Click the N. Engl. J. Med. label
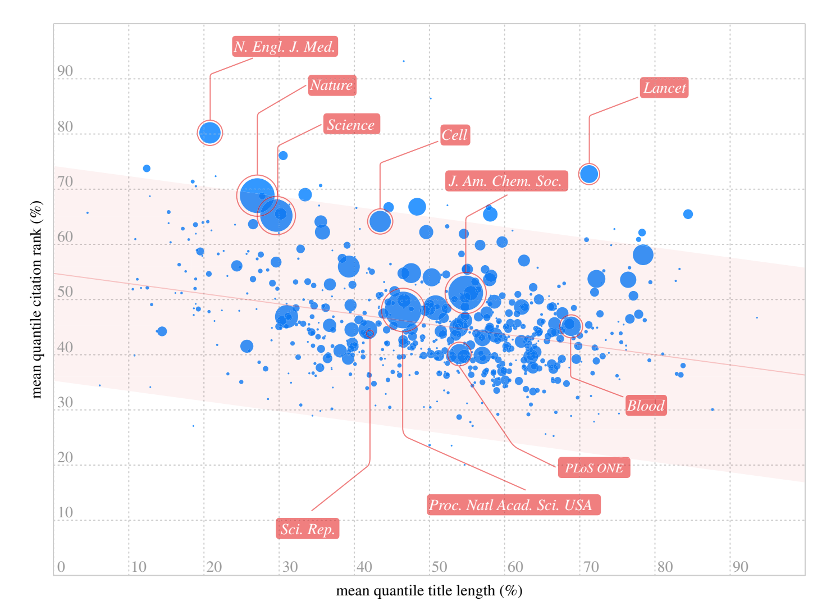click(x=285, y=47)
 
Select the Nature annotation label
click(x=332, y=85)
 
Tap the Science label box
click(x=351, y=124)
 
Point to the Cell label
click(x=454, y=135)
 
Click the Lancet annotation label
click(x=664, y=88)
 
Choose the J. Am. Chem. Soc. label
click(x=506, y=181)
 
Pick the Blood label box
click(x=646, y=406)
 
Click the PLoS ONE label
click(x=593, y=468)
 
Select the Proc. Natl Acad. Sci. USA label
click(x=513, y=505)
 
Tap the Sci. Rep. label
click(x=307, y=529)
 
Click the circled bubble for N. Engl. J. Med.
click(x=210, y=133)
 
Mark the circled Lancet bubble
click(x=589, y=174)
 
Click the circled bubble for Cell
click(x=380, y=221)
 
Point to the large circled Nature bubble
click(x=257, y=195)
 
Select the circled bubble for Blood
click(x=570, y=325)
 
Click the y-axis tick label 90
click(x=65, y=71)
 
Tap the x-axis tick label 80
click(x=665, y=567)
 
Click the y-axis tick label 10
click(x=65, y=513)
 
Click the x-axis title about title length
click(x=429, y=591)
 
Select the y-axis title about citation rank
click(x=36, y=299)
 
